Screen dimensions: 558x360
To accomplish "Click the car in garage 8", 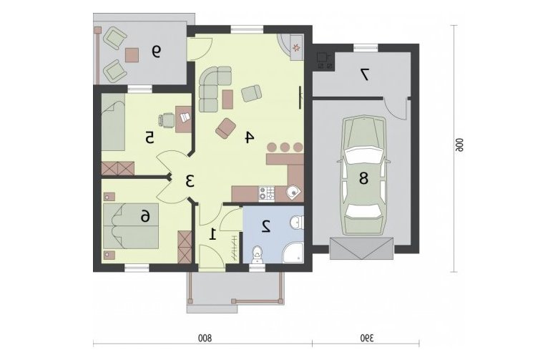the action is (x=363, y=175).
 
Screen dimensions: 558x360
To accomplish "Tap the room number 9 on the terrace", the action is (x=156, y=52).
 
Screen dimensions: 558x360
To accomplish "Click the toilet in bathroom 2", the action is (x=257, y=255).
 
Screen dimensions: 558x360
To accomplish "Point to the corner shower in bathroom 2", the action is (x=293, y=253).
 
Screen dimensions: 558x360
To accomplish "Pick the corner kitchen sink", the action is (x=294, y=193).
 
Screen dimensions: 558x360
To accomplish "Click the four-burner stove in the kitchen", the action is (x=267, y=194).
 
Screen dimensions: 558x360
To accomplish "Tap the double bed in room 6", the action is (x=131, y=225).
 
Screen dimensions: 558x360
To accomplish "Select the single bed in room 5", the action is (x=113, y=122).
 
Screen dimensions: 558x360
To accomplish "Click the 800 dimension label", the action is (x=205, y=337).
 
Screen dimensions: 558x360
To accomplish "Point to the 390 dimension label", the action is (x=367, y=337).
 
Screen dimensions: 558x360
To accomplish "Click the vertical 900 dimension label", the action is (x=459, y=145).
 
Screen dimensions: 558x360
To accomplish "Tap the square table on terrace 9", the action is (x=132, y=55).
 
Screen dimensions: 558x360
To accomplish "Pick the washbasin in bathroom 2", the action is (x=296, y=223).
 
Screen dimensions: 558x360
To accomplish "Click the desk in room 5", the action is (x=184, y=119).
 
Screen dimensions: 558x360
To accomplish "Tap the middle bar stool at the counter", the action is (x=285, y=147).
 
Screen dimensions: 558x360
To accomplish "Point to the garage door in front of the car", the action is (x=361, y=248).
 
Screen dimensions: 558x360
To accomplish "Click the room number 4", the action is (x=249, y=137).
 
